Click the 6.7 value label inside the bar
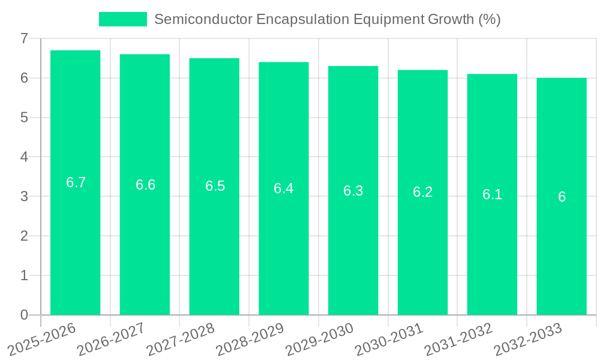coord(76,182)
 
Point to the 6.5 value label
coord(215,186)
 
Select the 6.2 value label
coord(422,192)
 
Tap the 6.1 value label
coord(492,194)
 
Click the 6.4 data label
coord(283,188)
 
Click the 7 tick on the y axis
coord(24,38)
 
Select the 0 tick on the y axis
coord(24,315)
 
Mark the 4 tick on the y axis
coord(24,157)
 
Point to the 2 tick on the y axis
coord(24,236)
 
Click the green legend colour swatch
coord(122,19)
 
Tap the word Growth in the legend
coord(451,19)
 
